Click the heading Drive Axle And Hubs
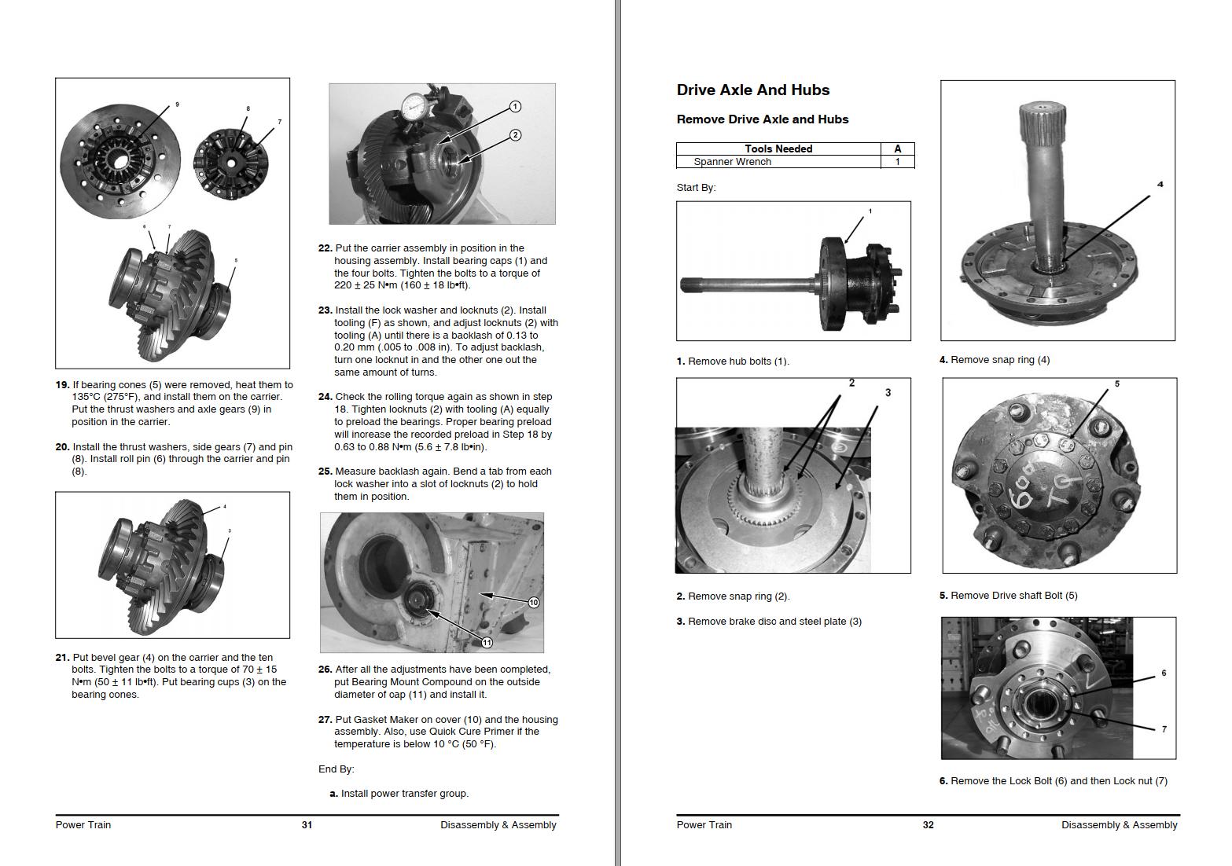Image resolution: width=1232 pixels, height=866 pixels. tap(752, 90)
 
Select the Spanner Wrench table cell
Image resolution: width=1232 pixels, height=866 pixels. tap(732, 162)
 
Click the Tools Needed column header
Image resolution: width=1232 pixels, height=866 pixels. tap(778, 149)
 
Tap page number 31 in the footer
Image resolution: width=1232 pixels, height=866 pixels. tap(307, 825)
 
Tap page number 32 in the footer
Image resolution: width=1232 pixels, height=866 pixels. tap(928, 825)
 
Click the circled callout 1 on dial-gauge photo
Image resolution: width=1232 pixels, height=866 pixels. tap(515, 106)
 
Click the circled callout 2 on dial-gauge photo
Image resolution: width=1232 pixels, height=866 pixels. tap(515, 135)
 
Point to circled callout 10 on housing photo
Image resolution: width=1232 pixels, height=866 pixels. tap(533, 603)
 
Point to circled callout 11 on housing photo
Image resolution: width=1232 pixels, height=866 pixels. tap(487, 643)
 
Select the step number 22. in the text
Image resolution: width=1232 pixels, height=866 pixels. tap(325, 248)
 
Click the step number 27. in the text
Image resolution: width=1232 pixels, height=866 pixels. tap(325, 720)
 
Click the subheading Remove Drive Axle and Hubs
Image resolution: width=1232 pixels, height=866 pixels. tap(762, 119)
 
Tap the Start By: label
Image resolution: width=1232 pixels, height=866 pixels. tap(696, 188)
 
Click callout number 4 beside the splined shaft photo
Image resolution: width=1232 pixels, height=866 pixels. tap(1160, 185)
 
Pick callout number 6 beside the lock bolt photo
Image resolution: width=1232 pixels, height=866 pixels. tap(1164, 673)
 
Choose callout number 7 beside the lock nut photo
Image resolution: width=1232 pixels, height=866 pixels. tap(1164, 729)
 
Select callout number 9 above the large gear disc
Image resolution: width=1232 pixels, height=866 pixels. tap(177, 105)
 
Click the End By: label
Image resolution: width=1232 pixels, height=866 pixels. tap(336, 769)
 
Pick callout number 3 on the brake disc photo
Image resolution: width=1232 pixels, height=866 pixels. tap(888, 393)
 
